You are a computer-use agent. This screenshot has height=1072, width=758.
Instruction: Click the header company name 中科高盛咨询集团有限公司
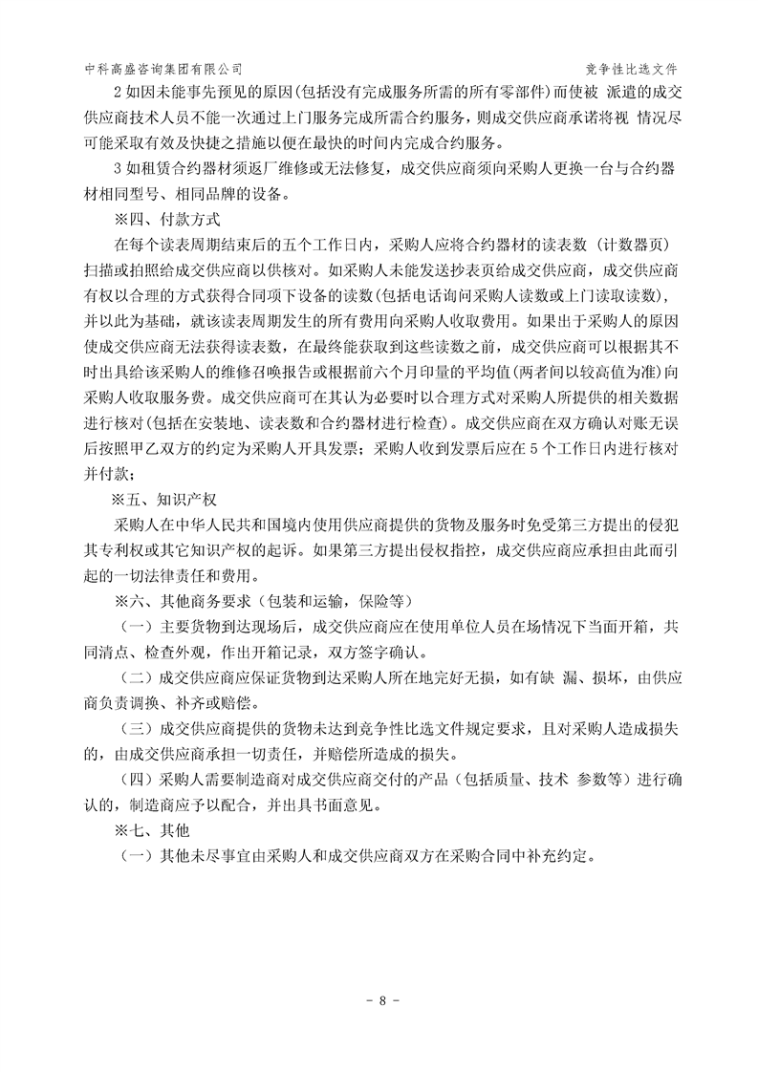[x=163, y=69]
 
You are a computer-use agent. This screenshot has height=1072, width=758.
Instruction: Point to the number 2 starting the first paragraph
[x=117, y=94]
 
